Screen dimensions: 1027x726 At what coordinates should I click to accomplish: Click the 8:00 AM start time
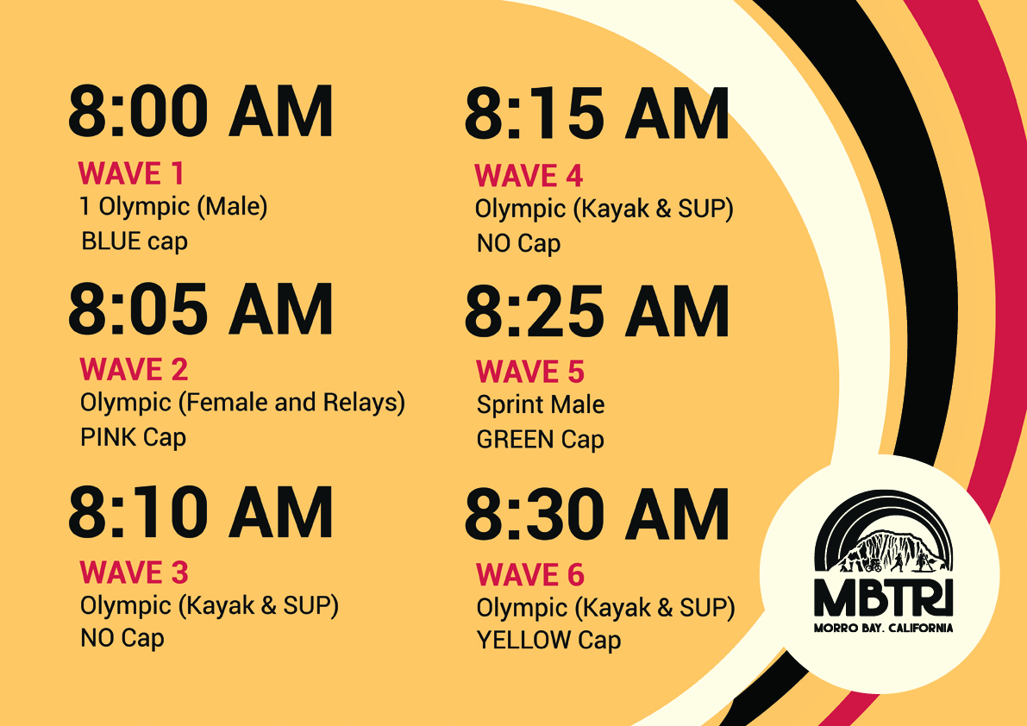[x=200, y=110]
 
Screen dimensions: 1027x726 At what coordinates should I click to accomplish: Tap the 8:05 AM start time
[x=200, y=309]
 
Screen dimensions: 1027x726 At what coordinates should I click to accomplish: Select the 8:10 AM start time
[x=200, y=512]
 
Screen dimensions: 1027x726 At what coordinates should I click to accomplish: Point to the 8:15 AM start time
[x=597, y=114]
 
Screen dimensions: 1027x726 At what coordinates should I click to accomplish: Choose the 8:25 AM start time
[x=597, y=311]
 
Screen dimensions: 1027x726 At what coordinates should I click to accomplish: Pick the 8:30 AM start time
[x=597, y=515]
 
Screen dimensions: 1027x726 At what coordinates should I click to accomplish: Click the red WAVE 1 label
[x=131, y=173]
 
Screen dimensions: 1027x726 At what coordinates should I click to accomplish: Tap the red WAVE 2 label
[x=134, y=369]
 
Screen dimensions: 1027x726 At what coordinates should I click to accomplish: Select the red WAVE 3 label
[x=134, y=573]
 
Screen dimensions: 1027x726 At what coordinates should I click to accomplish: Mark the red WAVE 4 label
[x=529, y=175]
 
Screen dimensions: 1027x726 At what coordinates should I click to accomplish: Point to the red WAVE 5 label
[x=529, y=372]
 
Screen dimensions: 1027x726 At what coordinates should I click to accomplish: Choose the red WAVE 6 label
[x=529, y=575]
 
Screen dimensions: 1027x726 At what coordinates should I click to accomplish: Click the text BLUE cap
[x=135, y=241]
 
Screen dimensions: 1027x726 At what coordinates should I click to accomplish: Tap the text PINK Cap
[x=133, y=437]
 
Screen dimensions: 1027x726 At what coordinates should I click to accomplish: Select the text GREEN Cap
[x=541, y=440]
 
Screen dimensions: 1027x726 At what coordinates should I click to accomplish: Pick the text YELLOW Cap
[x=549, y=641]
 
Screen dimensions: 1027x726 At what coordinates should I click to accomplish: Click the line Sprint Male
[x=541, y=404]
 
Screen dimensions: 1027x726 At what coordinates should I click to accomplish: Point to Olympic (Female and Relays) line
[x=242, y=403]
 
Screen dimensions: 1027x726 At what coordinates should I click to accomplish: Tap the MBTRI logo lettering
[x=884, y=598]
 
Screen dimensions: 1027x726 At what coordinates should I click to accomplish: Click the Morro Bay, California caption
[x=884, y=628]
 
